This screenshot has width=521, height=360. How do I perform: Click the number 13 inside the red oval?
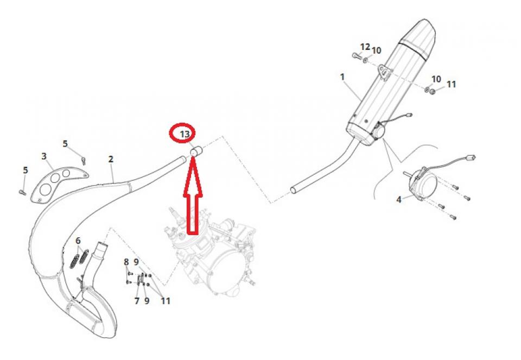[185, 134]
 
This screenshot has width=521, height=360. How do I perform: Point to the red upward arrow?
[192, 196]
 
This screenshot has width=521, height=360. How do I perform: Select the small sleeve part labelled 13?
[196, 151]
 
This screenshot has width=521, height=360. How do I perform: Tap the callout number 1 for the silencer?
[342, 77]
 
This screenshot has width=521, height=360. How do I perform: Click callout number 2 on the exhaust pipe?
[111, 159]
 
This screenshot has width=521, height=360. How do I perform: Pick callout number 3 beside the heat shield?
[44, 156]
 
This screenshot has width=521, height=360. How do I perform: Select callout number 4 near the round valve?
[399, 199]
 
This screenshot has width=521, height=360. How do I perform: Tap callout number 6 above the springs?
[78, 241]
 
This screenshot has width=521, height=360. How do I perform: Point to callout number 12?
[365, 47]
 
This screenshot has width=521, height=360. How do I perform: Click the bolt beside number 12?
[357, 56]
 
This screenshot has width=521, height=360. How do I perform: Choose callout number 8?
[126, 262]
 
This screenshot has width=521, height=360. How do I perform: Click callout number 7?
[137, 301]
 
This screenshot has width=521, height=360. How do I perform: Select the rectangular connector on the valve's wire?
[471, 157]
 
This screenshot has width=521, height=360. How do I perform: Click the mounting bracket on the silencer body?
[384, 73]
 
